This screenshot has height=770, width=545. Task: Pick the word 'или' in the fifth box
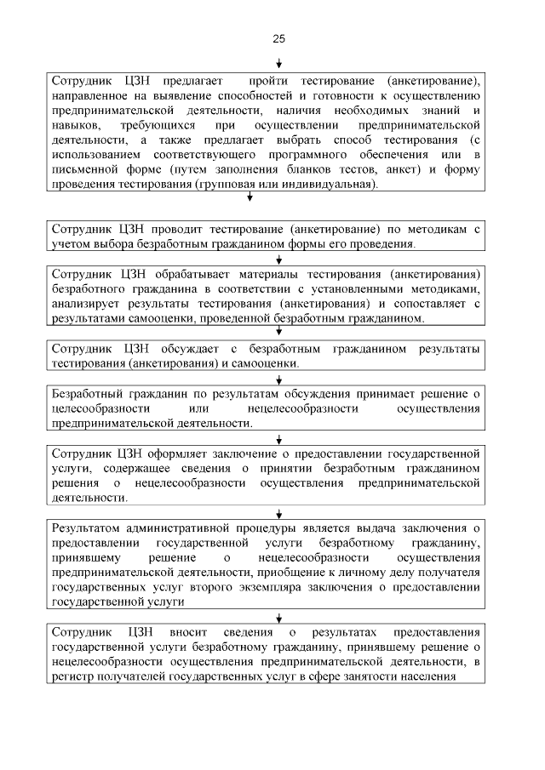click(x=194, y=408)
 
